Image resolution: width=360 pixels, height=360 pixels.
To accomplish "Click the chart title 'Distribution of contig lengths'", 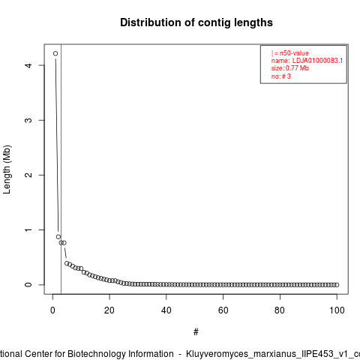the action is pos(196,22).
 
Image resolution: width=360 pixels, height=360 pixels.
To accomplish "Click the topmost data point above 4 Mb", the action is pos(55,53).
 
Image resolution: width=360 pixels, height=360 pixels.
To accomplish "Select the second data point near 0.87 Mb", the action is pos(58,237).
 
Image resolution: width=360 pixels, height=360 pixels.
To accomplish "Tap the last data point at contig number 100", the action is pos(337,285).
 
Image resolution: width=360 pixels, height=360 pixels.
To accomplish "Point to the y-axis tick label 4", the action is pos(28,65).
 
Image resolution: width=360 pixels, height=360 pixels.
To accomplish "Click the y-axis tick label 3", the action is pos(28,120).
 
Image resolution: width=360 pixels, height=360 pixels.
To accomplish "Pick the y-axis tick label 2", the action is pos(28,175).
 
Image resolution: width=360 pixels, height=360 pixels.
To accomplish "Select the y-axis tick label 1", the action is pos(28,229).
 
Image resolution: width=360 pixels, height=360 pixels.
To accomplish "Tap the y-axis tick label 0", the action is pos(28,284).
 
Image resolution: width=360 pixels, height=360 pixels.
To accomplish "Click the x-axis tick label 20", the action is pos(109,310).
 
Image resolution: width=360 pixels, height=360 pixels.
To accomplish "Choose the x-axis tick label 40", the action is pos(166,310).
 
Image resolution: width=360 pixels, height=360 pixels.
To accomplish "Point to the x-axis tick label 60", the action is pos(223,310).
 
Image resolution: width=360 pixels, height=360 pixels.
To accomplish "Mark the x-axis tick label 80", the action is pos(280,310).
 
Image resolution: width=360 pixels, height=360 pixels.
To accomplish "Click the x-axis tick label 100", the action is pos(337,310).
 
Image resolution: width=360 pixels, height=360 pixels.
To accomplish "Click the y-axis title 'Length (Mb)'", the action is pos(7,169).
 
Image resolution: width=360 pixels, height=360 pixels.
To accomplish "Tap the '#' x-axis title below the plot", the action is pos(196,332).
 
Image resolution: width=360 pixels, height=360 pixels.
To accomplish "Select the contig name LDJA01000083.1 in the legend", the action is pos(317,61).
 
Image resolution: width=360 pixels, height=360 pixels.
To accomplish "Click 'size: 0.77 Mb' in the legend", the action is pos(290,68).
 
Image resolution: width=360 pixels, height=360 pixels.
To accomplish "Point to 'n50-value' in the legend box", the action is pos(294,53).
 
